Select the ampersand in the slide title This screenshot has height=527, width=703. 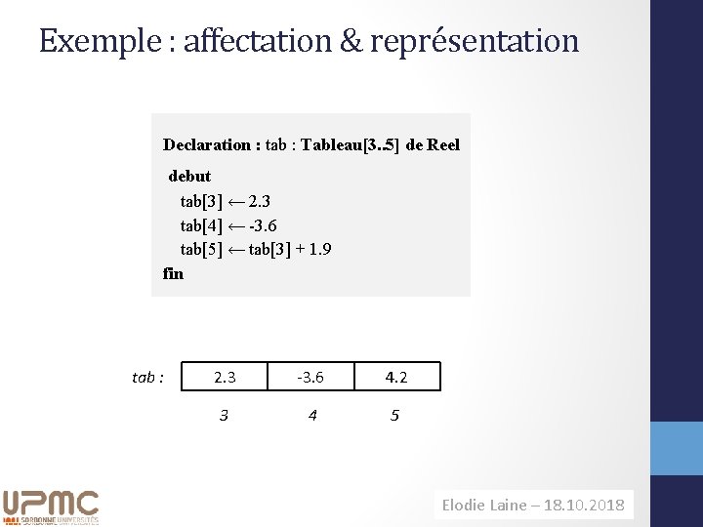(x=350, y=41)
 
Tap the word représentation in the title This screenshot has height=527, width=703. (x=475, y=41)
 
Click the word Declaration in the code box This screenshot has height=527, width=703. (x=206, y=145)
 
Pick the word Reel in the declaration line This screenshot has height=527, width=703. (x=443, y=145)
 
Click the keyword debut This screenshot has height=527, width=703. (x=189, y=177)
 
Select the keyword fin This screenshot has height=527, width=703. (x=173, y=273)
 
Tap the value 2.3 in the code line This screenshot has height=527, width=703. (x=260, y=202)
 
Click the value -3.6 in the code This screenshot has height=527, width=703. (x=264, y=225)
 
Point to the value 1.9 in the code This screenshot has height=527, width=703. (x=318, y=249)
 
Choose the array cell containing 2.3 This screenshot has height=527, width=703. (x=225, y=377)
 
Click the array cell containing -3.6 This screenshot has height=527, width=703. (x=310, y=377)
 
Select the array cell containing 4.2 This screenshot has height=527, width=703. (x=395, y=377)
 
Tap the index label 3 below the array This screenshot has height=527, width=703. (x=224, y=416)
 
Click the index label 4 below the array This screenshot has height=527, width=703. (x=311, y=416)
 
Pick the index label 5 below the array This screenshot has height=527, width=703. (x=394, y=416)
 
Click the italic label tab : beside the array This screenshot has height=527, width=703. (x=147, y=377)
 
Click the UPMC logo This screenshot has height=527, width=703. (x=51, y=506)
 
